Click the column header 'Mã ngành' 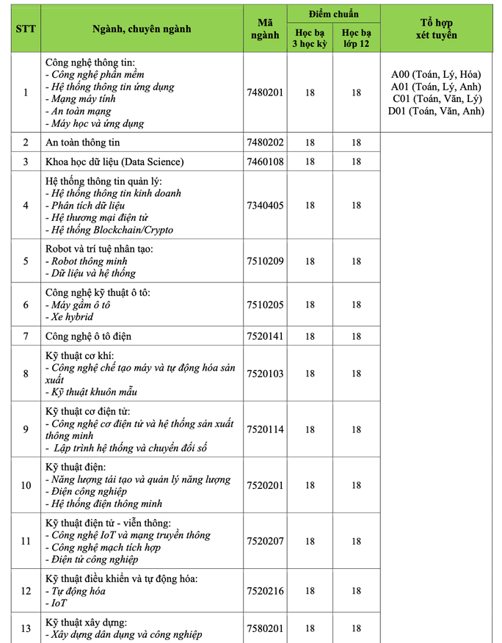[x=265, y=29]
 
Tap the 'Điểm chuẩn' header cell [x=333, y=14]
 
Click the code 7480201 [x=265, y=92]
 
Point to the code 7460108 [x=265, y=161]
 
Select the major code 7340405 [x=265, y=206]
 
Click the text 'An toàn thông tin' [x=82, y=142]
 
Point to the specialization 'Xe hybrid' [x=69, y=317]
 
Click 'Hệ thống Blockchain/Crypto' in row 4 [x=109, y=230]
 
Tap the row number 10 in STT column [x=26, y=485]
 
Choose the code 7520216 [x=265, y=591]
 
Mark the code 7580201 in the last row [x=265, y=628]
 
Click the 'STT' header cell [x=26, y=29]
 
